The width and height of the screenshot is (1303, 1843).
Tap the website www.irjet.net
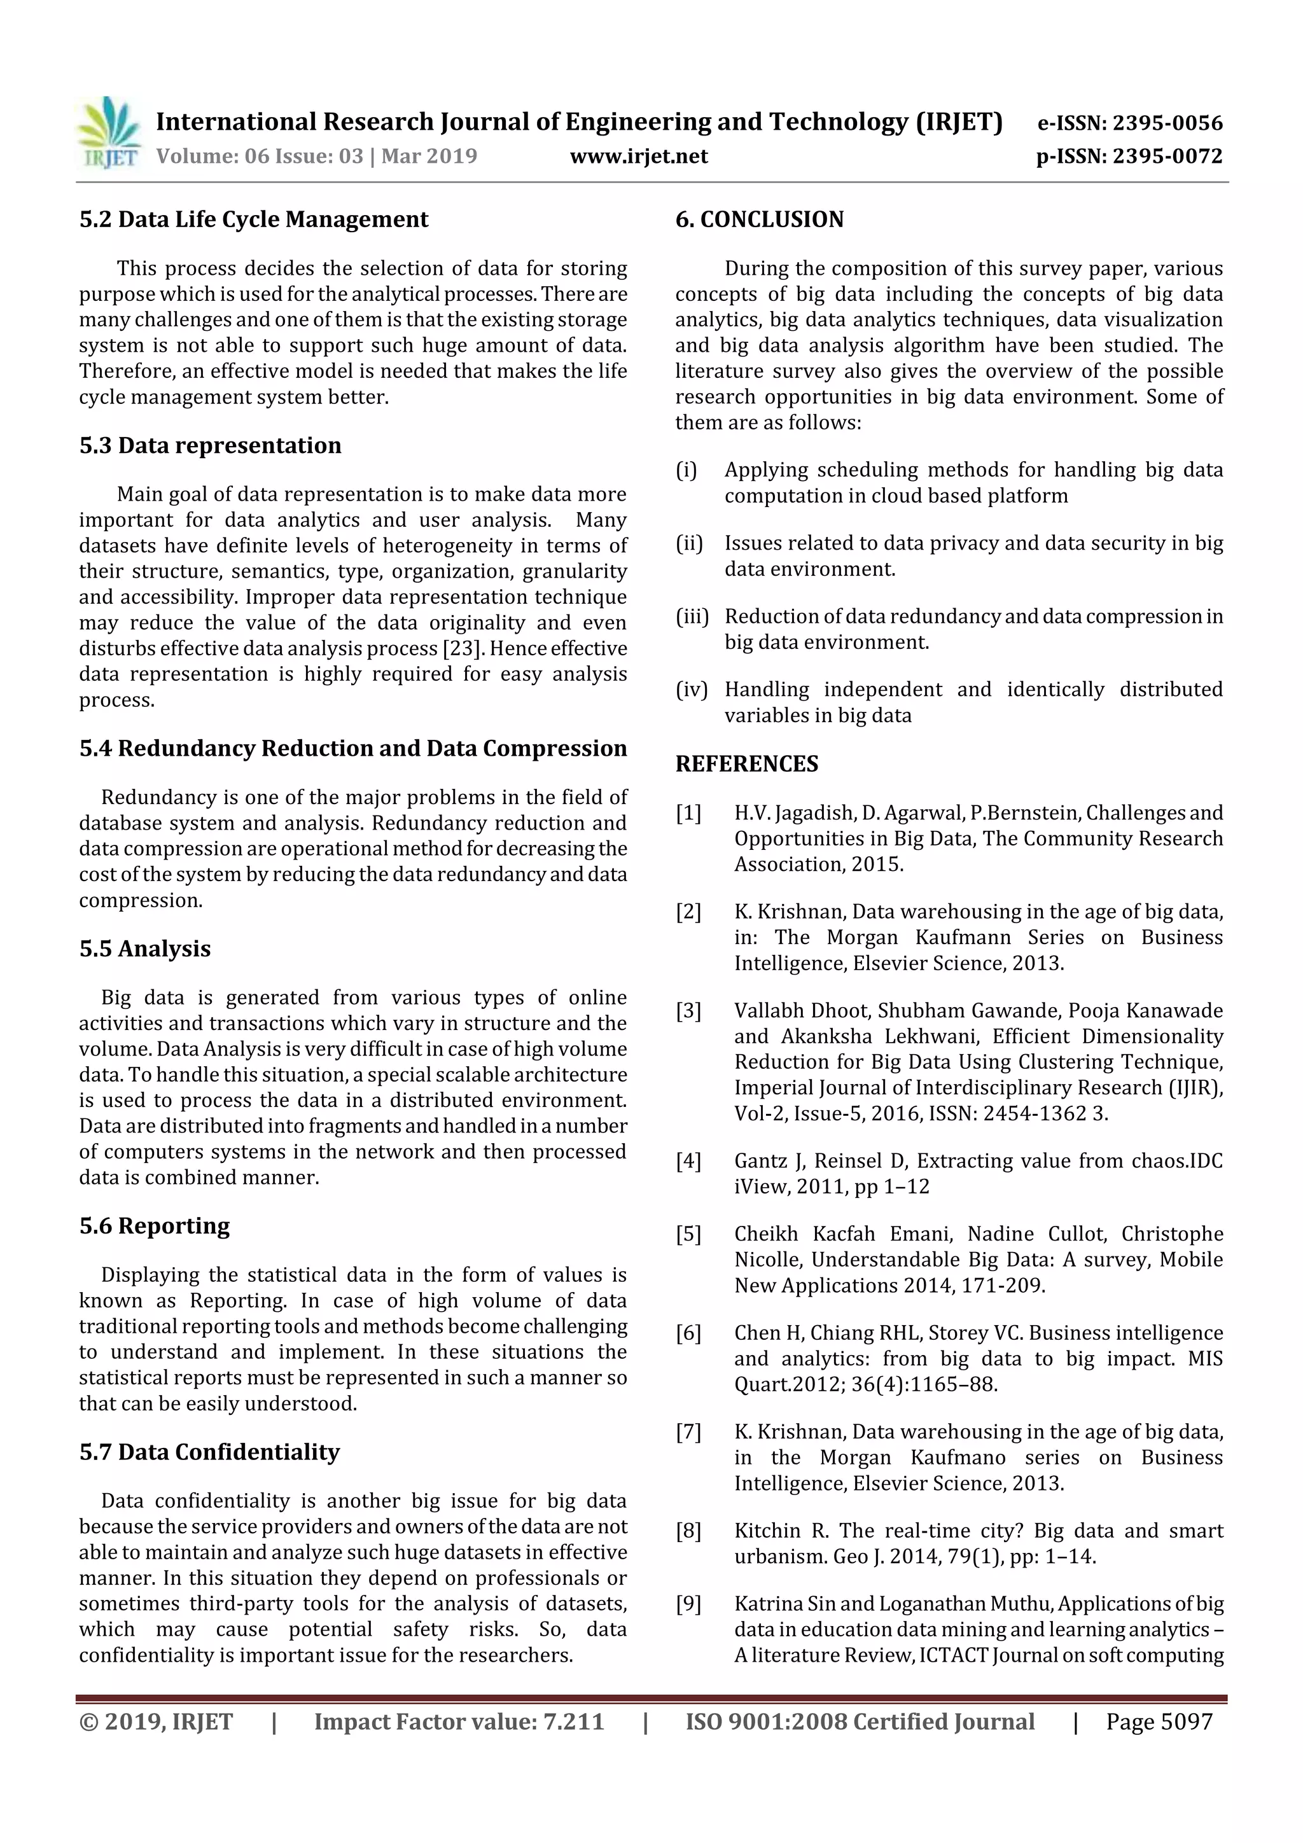(x=638, y=156)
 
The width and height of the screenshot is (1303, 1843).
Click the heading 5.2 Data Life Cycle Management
(x=254, y=219)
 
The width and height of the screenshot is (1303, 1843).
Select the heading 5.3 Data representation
(x=211, y=445)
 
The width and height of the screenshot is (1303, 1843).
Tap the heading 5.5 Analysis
(x=144, y=949)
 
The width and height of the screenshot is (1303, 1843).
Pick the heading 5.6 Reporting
(x=154, y=1226)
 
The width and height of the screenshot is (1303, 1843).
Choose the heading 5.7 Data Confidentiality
(x=209, y=1452)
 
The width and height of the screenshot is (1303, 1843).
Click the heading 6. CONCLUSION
(x=760, y=219)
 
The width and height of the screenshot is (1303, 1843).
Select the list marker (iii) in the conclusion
(x=692, y=616)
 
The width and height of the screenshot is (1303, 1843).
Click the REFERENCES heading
(x=747, y=764)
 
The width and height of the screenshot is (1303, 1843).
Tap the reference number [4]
(x=688, y=1161)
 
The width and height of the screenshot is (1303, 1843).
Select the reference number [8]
(x=688, y=1531)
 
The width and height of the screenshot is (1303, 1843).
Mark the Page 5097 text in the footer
(x=1159, y=1721)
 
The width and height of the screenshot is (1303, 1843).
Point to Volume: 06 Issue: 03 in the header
(x=260, y=156)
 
